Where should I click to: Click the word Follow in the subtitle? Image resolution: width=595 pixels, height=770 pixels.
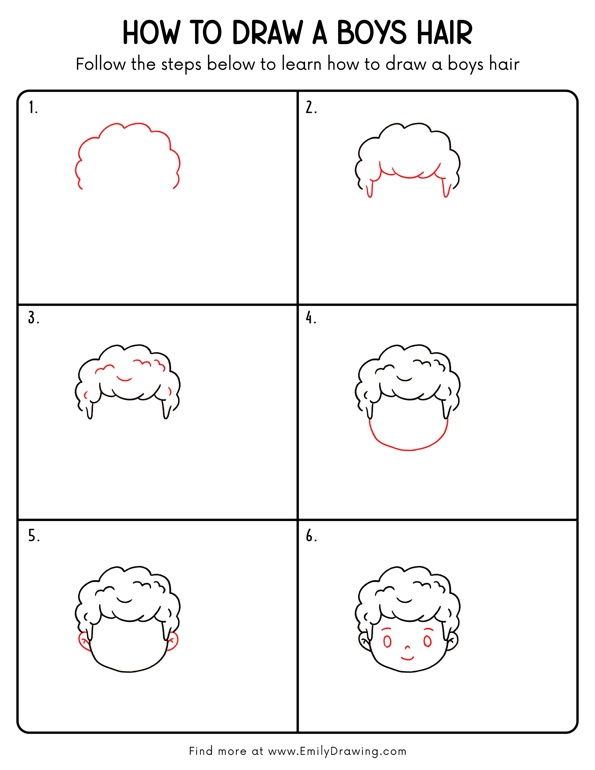[x=101, y=65]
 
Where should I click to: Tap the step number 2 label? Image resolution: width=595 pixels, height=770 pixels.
[x=311, y=108]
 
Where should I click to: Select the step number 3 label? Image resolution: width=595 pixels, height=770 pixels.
[x=34, y=318]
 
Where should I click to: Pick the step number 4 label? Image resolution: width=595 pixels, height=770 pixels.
[x=311, y=318]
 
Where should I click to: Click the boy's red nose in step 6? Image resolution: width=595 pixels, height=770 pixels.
[x=407, y=647]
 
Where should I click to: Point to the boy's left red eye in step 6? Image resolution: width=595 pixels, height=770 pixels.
[x=387, y=642]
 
